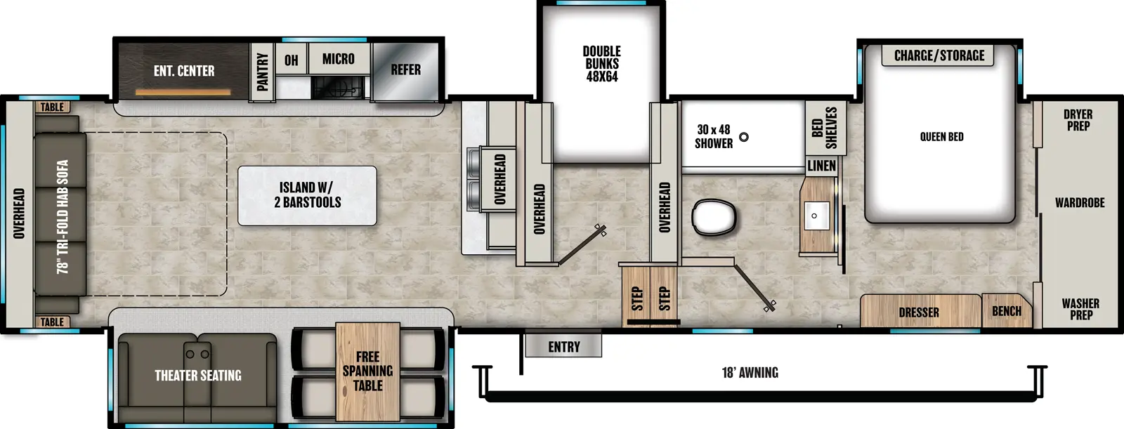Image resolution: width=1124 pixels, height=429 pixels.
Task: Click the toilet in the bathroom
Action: [714, 217]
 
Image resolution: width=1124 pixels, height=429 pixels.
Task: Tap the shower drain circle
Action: [743, 137]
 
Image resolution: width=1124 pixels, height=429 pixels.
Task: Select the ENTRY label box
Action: [563, 347]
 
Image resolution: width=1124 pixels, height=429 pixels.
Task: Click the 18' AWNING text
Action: [750, 373]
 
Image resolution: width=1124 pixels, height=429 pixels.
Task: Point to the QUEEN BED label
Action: [941, 137]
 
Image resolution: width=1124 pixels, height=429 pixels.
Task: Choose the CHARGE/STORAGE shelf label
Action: [939, 55]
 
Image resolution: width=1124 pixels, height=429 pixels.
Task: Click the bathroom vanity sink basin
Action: [815, 215]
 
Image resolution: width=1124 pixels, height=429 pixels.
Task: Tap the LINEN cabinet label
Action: [821, 166]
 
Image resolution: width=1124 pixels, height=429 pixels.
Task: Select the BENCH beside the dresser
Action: [1006, 311]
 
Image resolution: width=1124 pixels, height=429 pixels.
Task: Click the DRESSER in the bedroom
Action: [919, 312]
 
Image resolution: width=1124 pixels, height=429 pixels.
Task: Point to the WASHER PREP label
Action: [1080, 309]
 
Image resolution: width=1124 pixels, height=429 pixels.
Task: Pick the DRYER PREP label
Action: [1078, 120]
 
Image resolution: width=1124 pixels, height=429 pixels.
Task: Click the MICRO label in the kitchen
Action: [338, 59]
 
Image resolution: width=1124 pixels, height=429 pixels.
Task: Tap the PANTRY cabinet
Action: [262, 72]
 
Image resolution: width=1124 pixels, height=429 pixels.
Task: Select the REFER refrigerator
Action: [405, 70]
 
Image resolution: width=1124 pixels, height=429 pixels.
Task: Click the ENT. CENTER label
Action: [184, 71]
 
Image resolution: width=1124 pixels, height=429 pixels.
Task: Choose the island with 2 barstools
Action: [307, 195]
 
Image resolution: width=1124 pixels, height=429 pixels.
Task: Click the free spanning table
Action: [367, 371]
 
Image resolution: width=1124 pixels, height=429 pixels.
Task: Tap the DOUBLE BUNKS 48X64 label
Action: [601, 64]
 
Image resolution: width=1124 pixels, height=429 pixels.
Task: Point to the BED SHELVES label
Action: [824, 128]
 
